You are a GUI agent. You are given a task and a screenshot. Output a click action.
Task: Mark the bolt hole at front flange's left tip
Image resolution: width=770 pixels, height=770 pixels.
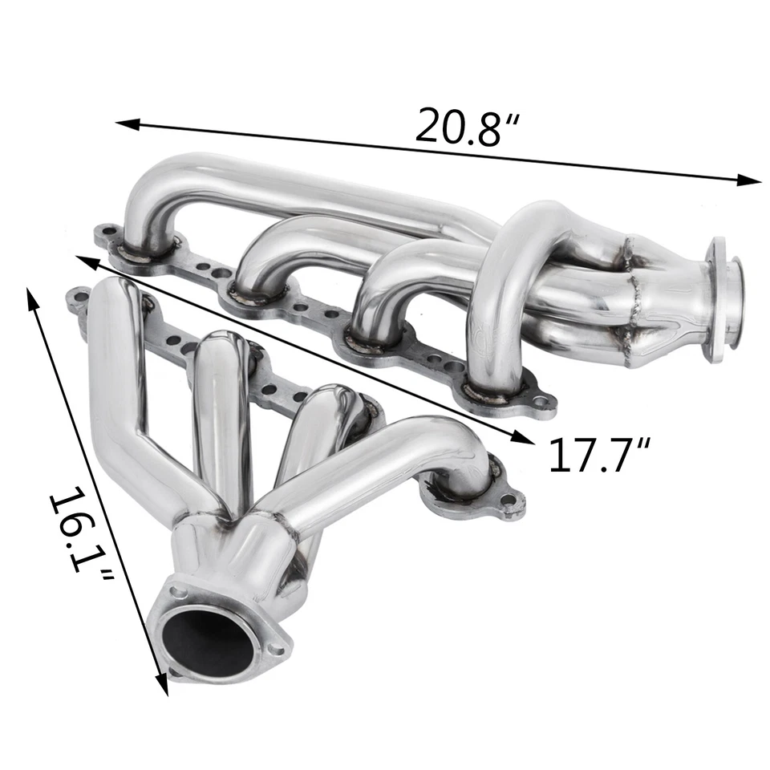click(x=78, y=301)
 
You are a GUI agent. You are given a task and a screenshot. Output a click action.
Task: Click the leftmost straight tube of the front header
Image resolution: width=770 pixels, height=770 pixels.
click(x=120, y=385)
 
